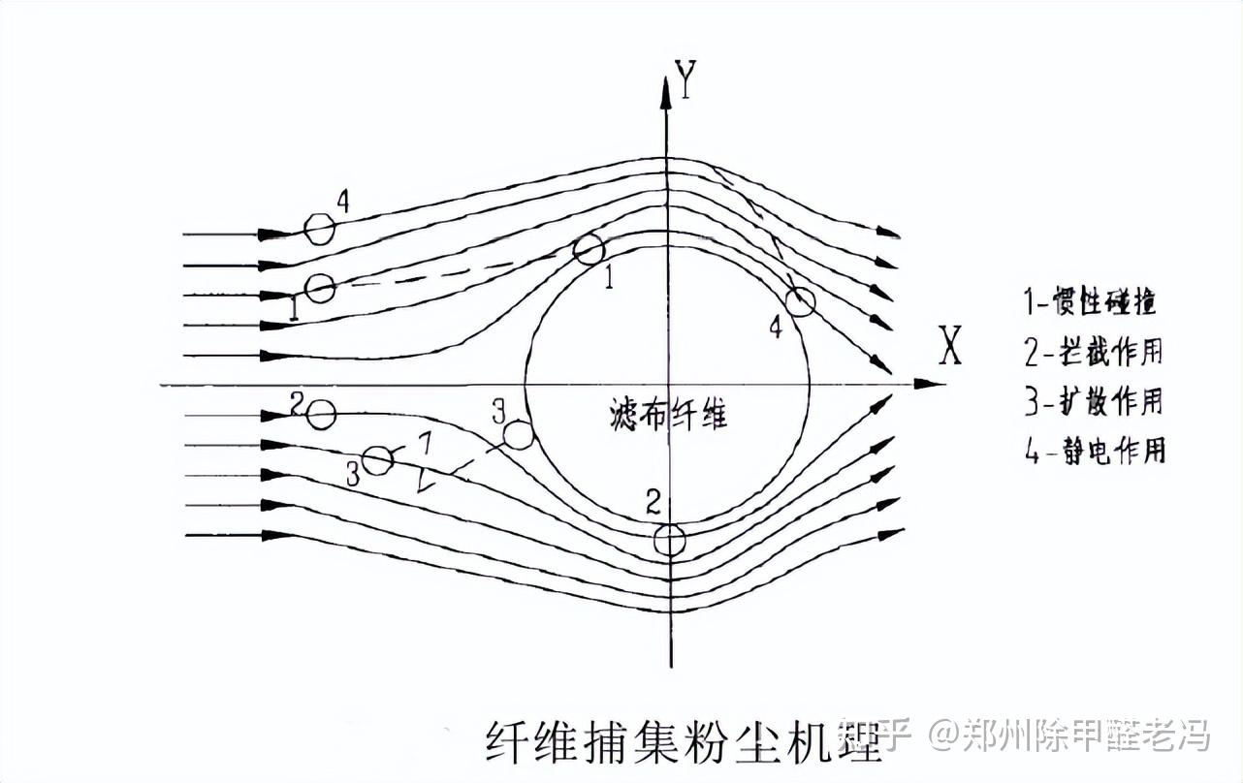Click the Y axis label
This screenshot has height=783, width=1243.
pos(686,79)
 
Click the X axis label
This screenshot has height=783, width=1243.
pos(950,346)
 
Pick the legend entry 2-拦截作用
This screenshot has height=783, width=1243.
pos(1094,352)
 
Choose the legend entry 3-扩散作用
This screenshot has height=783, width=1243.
pos(1094,401)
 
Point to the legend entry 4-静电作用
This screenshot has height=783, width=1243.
pos(1095,450)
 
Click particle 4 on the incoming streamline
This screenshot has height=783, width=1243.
pos(319,229)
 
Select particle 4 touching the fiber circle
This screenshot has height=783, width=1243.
pos(800,302)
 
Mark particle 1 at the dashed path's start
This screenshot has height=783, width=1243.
pos(320,288)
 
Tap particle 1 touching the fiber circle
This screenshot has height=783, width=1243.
pos(589,249)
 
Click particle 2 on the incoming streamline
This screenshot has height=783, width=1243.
pos(321,414)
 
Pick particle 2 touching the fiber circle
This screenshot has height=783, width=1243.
pos(669,540)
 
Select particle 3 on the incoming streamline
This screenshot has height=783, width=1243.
pos(377,459)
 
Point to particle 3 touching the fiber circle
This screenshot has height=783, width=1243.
pos(520,435)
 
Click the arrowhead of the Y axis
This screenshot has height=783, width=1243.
pos(666,92)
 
